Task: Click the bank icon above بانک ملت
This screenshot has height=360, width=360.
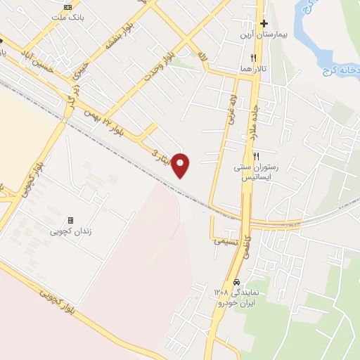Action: point(67,6)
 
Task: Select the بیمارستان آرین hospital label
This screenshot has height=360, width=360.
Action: point(263,35)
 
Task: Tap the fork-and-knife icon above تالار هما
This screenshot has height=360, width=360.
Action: point(253,58)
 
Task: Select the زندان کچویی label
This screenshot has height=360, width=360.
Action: point(70,231)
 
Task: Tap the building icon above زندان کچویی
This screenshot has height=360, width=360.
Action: point(70,220)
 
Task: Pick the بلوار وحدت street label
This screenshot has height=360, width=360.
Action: point(158,65)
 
